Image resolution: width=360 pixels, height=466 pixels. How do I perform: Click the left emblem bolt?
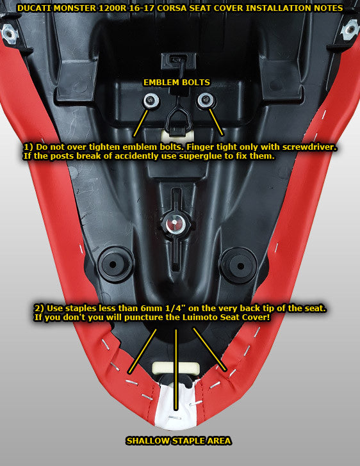click(152, 100)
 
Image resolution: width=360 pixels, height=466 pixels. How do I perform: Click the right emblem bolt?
click(205, 100)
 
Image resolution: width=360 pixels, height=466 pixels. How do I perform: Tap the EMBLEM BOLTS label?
click(177, 83)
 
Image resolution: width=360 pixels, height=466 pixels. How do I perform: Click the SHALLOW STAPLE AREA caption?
click(179, 441)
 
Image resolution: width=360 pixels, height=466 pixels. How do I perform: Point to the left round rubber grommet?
click(113, 264)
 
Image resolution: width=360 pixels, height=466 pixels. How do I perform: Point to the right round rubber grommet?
click(240, 266)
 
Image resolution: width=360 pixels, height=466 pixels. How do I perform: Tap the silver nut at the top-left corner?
click(10, 33)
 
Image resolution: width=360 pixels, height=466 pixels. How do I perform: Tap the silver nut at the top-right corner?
click(350, 29)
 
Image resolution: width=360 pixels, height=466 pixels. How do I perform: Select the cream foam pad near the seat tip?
click(175, 368)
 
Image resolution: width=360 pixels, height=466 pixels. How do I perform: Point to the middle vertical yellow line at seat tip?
click(176, 370)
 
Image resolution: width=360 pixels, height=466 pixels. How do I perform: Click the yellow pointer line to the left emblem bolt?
click(141, 123)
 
